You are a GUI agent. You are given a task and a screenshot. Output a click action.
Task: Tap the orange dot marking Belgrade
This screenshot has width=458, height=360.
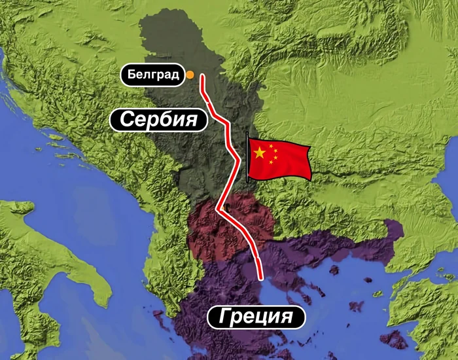[x=190, y=75]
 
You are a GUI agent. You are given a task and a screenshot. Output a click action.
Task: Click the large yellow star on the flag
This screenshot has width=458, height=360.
[x=260, y=153]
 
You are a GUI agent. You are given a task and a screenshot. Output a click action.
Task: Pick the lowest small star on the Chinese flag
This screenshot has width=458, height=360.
[x=272, y=164]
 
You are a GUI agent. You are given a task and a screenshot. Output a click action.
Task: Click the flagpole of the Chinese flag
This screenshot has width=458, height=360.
[x=247, y=157]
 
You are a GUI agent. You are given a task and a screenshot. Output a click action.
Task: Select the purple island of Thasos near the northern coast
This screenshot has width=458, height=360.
[x=334, y=270]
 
